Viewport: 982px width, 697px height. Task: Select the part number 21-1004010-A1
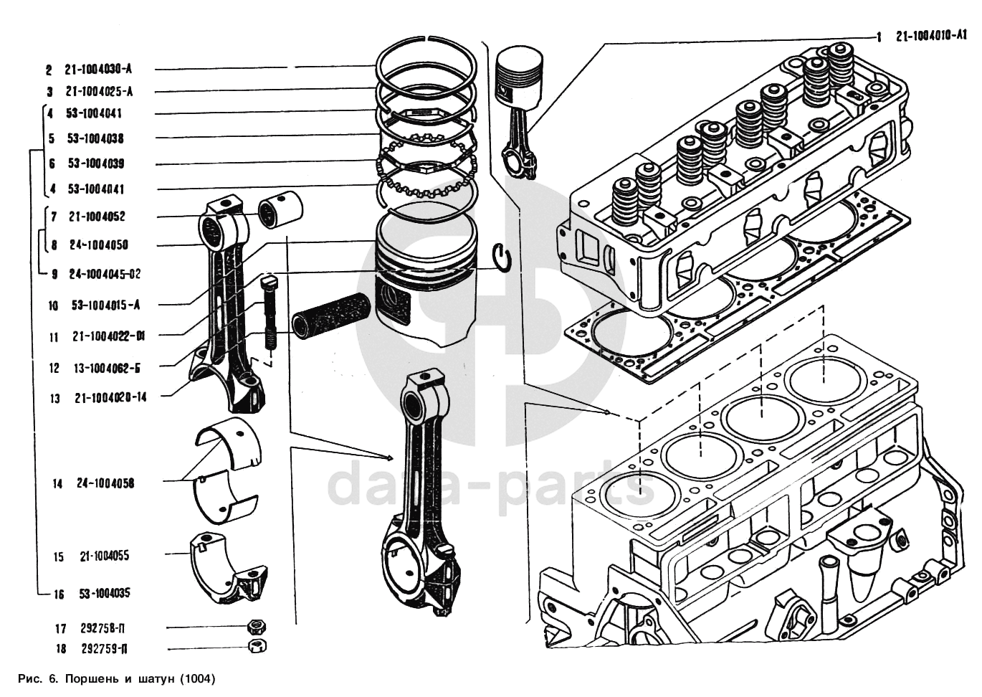click(x=931, y=35)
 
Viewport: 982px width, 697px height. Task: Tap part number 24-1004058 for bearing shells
click(x=105, y=484)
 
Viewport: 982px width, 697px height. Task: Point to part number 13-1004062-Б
click(x=106, y=369)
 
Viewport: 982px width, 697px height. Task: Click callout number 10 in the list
click(x=53, y=305)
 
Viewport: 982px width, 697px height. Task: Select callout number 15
click(x=58, y=557)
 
